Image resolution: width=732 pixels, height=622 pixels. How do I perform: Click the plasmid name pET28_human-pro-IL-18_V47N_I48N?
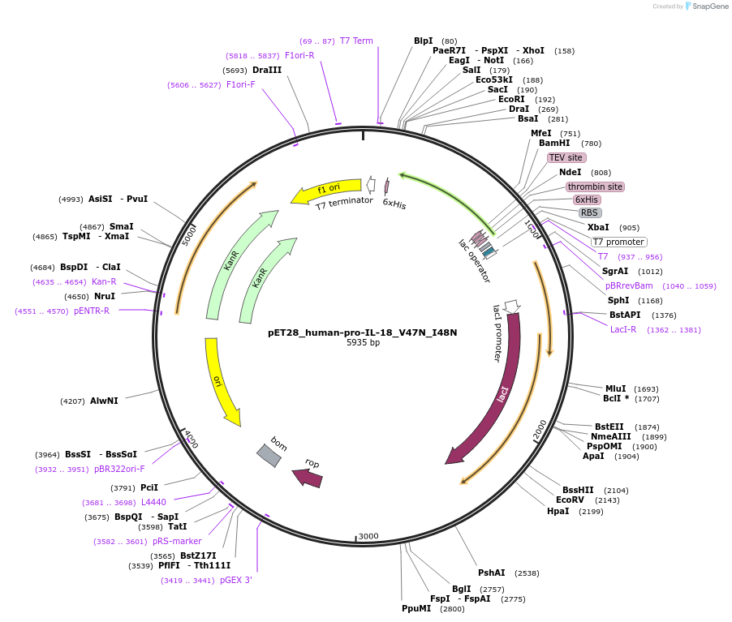pos(363,332)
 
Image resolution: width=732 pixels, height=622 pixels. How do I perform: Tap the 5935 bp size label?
pos(363,343)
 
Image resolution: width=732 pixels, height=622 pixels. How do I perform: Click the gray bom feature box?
pos(269,455)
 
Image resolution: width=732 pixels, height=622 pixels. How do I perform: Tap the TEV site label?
pos(565,157)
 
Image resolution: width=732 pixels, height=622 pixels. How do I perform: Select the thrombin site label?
pos(595,187)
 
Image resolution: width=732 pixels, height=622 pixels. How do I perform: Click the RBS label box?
pos(589,213)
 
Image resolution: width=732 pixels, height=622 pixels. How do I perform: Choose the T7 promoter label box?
pos(618,242)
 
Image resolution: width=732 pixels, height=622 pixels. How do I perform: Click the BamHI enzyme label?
pos(554,144)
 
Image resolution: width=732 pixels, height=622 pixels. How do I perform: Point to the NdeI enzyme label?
pos(570,172)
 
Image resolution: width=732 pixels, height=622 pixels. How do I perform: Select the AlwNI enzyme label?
pos(104,401)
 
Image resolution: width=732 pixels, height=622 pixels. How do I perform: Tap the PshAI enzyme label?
pos(491,573)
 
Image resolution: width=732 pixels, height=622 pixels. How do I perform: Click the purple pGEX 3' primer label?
pos(236,580)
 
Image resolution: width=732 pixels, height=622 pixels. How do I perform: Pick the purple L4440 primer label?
pos(153,503)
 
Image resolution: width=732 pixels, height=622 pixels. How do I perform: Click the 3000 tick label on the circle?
pos(368,536)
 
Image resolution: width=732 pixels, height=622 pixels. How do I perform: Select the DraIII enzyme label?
pos(267,71)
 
